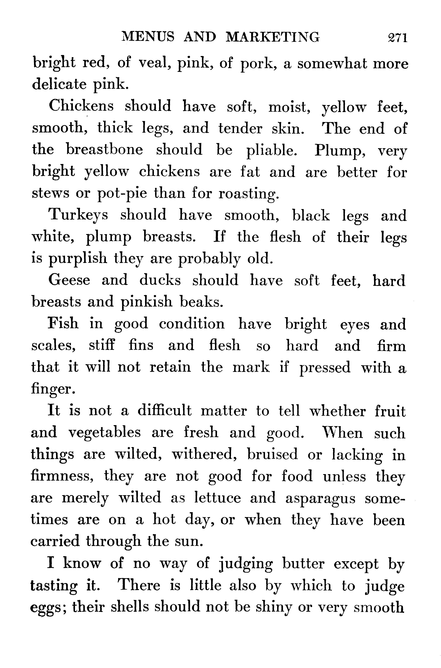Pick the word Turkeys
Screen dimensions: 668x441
click(78, 215)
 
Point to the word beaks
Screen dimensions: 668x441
click(201, 302)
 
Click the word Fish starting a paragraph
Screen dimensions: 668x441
click(63, 323)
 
